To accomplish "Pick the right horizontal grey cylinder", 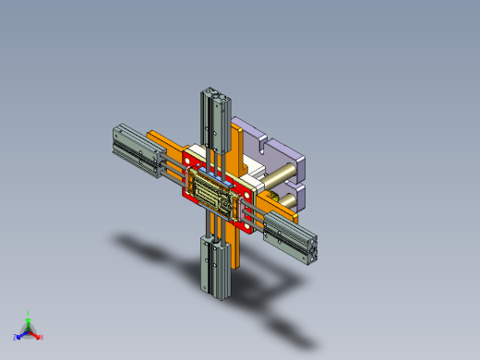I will tap(292, 239).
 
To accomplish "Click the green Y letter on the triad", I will tap(29, 313).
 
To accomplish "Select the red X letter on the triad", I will tap(41, 336).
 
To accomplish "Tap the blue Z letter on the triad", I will tap(17, 336).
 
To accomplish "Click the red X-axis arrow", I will tap(35, 333).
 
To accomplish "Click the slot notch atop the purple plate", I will tap(259, 140).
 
